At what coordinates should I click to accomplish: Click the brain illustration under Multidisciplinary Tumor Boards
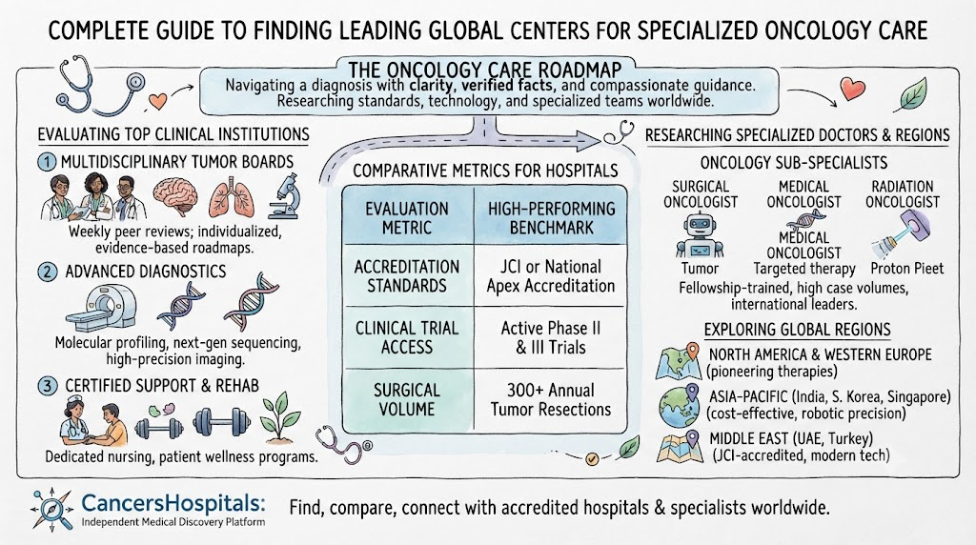(x=175, y=197)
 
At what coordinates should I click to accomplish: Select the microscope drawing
(x=284, y=196)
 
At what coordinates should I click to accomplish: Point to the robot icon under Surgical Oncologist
(x=700, y=235)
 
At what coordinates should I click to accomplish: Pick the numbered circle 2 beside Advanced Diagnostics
(x=48, y=272)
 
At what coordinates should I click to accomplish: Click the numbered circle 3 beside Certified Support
(x=48, y=386)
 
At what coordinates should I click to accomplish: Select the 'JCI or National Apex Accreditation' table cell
(x=550, y=275)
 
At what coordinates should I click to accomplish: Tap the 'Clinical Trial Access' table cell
(x=407, y=337)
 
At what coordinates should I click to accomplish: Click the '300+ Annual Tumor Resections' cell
(x=550, y=399)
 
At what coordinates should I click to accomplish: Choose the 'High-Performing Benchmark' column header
(x=550, y=218)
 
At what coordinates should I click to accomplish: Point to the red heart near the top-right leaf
(x=852, y=89)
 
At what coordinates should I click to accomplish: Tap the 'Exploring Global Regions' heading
(x=798, y=330)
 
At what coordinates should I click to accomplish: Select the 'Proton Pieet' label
(x=907, y=269)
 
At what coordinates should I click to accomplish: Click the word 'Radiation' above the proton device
(x=903, y=187)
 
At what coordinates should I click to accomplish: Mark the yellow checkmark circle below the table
(x=592, y=459)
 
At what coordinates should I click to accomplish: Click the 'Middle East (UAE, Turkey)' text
(x=791, y=438)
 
